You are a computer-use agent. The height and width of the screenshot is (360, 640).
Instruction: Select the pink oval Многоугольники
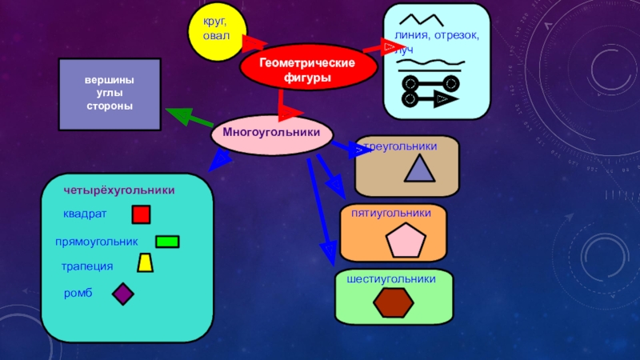click(x=271, y=134)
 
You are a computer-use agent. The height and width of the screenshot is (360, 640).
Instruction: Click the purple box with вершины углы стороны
click(x=110, y=94)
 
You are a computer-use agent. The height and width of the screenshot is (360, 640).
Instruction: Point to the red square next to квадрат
click(x=141, y=214)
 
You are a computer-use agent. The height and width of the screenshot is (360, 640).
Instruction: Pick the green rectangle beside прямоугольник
click(x=167, y=242)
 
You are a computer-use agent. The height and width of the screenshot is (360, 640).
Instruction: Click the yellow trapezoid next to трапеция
click(x=145, y=263)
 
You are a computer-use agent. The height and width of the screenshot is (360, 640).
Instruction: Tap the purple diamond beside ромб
click(x=122, y=294)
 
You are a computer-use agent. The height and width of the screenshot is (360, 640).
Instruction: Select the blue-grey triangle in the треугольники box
click(x=420, y=169)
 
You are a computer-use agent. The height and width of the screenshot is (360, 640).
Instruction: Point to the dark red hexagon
click(x=394, y=302)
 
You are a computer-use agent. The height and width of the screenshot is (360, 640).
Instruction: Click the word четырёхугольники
click(x=119, y=191)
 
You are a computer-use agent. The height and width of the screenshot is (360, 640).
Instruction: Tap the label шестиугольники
click(x=391, y=279)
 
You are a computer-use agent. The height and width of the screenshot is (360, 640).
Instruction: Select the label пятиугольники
click(x=391, y=214)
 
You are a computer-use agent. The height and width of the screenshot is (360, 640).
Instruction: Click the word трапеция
click(x=87, y=266)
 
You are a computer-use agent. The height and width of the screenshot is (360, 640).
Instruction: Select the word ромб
click(x=78, y=294)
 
